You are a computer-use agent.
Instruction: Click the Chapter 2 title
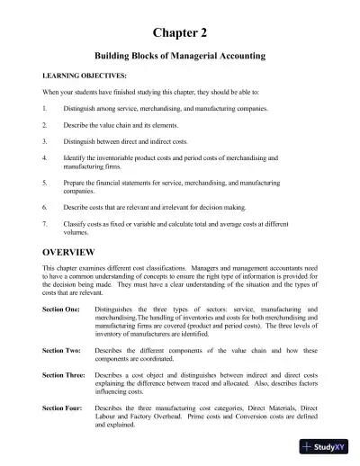pos(179,33)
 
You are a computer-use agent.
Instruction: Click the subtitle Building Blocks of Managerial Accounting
pos(179,56)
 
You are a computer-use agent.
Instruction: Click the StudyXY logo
pos(328,448)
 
